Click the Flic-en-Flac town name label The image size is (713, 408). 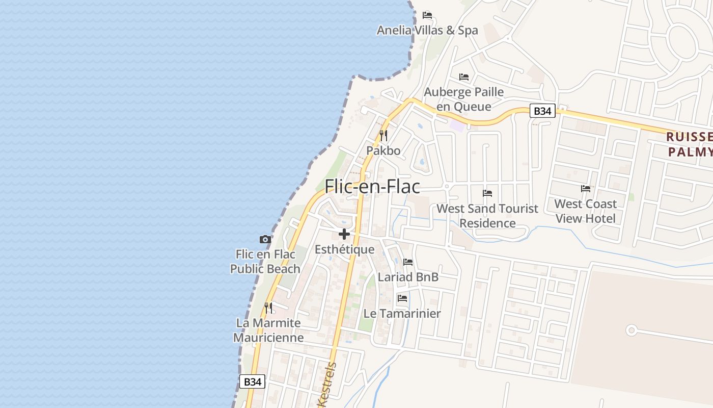tap(372, 187)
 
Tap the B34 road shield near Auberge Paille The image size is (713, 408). tap(542, 111)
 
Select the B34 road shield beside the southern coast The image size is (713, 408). tap(252, 381)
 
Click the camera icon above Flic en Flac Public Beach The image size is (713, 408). tap(265, 239)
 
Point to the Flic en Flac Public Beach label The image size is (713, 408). tap(265, 261)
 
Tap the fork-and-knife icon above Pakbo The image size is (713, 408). tap(383, 136)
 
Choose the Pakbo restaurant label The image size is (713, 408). tap(383, 151)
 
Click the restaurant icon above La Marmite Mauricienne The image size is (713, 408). tap(268, 308)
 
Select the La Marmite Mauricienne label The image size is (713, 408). tap(268, 330)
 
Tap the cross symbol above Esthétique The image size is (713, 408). tap(344, 234)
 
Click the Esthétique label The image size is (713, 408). tap(344, 249)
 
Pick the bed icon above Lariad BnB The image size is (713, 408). tap(408, 262)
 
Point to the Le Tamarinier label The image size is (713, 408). tap(402, 313)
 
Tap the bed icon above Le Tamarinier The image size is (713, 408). tap(402, 298)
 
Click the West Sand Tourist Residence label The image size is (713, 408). tap(487, 216)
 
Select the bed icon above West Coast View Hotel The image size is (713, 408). tap(586, 189)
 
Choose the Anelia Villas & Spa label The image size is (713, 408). tap(427, 30)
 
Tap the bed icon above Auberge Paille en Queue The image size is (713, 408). tap(464, 77)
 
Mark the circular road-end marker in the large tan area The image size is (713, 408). tap(632, 330)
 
